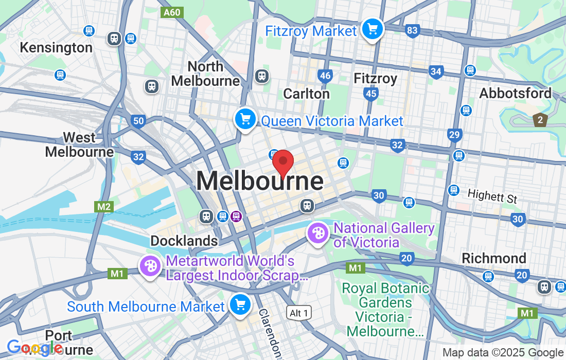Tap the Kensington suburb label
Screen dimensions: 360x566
click(56, 48)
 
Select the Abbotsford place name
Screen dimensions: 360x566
click(515, 93)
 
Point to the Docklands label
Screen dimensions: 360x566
click(184, 241)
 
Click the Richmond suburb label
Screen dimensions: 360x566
click(494, 258)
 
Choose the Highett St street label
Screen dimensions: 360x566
click(492, 196)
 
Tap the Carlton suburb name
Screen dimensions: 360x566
click(307, 94)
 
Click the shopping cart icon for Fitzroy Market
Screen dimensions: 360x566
click(372, 29)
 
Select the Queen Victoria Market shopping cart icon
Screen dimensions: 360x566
click(245, 119)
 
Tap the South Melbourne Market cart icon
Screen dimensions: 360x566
click(239, 304)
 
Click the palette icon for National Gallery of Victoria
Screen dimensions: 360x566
click(318, 233)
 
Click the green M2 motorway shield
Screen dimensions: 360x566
click(104, 206)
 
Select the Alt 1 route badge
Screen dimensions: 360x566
click(299, 313)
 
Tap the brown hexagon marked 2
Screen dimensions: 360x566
click(540, 120)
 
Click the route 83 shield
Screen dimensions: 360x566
click(412, 31)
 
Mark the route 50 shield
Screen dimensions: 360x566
click(138, 121)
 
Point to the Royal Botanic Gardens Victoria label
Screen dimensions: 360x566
click(385, 310)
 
